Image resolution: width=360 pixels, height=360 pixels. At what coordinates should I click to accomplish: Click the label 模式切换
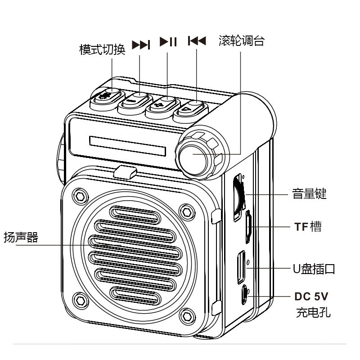[102, 49]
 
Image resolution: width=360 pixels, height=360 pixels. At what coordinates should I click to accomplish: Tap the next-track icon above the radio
[141, 45]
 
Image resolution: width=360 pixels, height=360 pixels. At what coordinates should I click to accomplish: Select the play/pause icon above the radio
[168, 42]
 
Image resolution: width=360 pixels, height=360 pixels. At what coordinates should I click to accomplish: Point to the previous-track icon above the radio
[197, 41]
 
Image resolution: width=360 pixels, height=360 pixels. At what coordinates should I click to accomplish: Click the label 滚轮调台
[242, 41]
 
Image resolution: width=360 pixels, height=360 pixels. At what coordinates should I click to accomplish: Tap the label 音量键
[309, 193]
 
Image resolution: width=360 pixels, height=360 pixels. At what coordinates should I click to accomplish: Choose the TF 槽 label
[308, 227]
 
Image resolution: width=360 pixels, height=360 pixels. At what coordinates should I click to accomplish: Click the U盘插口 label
[314, 269]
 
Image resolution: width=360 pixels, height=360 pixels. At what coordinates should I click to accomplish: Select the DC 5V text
[311, 297]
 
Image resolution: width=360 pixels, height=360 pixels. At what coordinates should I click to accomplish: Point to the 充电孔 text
[313, 312]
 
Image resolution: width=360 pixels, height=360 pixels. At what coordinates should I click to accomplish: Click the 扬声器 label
[21, 237]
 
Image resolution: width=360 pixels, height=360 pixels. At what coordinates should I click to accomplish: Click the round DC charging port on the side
[244, 295]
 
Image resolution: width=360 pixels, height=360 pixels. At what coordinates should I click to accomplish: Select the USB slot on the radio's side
[241, 267]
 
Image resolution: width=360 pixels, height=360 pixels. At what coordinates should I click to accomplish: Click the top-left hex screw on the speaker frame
[80, 196]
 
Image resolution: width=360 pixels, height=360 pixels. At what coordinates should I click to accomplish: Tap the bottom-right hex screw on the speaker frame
[187, 316]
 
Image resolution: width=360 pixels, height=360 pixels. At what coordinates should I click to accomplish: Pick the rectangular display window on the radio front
[128, 146]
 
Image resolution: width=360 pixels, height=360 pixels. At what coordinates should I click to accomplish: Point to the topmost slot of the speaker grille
[135, 215]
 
